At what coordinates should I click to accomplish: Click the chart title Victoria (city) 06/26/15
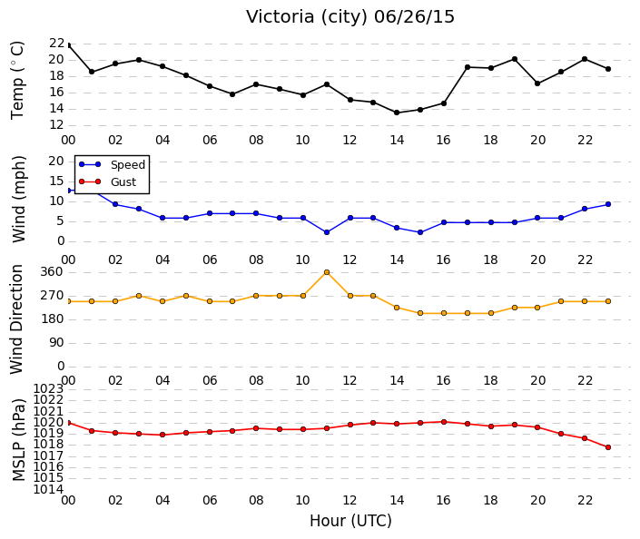tap(350, 17)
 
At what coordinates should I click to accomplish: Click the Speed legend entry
tap(112, 164)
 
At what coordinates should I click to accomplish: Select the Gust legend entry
tap(107, 181)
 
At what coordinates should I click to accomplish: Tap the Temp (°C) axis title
tap(17, 81)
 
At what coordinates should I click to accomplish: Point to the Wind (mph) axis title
tap(18, 199)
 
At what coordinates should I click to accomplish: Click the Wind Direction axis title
tap(16, 319)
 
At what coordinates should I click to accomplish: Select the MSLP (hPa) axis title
tap(19, 439)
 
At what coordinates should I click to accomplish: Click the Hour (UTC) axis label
tap(350, 521)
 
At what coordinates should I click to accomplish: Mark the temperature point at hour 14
tap(397, 113)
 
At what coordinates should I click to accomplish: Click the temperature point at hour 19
tap(515, 59)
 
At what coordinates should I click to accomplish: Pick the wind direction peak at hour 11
tap(327, 272)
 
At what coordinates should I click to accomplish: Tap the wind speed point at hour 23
tap(608, 204)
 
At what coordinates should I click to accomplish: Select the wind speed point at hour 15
tap(420, 232)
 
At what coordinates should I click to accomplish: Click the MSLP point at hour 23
tap(608, 447)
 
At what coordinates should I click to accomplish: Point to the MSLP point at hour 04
tap(162, 435)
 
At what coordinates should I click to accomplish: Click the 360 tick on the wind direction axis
tap(52, 272)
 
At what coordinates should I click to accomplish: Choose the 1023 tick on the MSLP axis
tap(48, 388)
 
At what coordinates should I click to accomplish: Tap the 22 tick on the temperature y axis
tap(56, 44)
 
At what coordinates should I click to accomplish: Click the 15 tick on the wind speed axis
tap(56, 181)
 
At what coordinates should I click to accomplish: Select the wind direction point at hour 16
tap(444, 313)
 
